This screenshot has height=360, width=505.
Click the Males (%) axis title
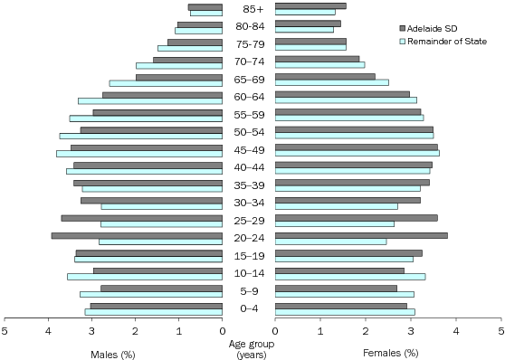(112, 352)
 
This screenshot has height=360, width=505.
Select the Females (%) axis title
(390, 352)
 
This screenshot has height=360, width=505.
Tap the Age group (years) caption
(249, 348)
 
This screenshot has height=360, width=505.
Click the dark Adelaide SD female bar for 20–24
(361, 235)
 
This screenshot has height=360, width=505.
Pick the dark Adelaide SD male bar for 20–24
(137, 235)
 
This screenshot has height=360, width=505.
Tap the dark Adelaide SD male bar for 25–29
(141, 218)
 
